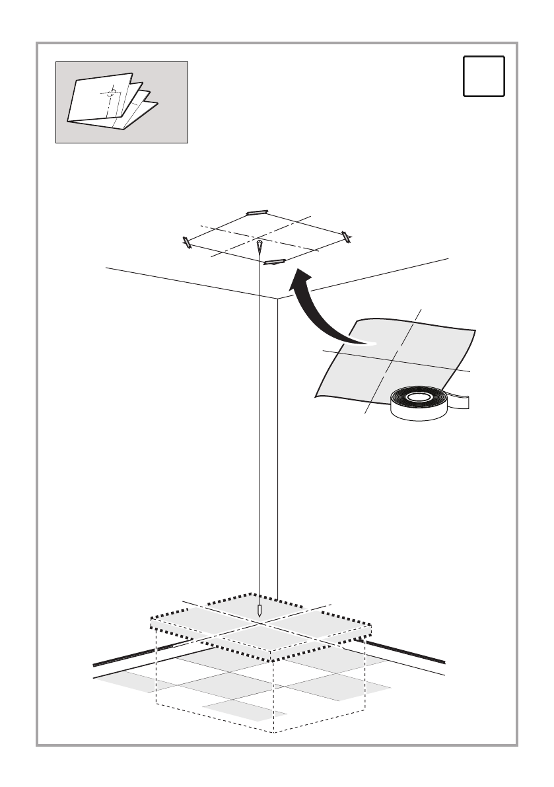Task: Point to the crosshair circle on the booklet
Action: tap(112, 92)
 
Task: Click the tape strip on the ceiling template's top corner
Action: tap(256, 213)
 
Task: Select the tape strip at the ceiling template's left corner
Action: tap(187, 243)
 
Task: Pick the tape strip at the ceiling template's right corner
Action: tap(345, 235)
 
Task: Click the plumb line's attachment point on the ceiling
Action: tap(260, 243)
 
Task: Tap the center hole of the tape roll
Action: tap(418, 397)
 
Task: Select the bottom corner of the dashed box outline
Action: tap(273, 732)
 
